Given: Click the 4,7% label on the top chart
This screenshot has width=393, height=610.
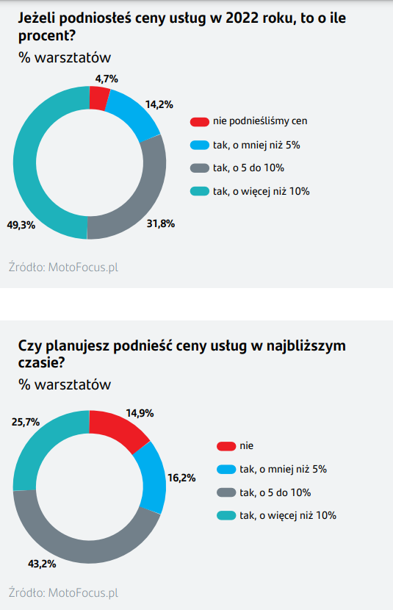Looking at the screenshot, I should tap(107, 78).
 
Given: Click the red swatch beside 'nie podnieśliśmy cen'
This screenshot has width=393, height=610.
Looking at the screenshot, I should tap(199, 121).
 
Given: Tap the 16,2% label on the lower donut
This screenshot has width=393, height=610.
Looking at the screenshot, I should tap(181, 478).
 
